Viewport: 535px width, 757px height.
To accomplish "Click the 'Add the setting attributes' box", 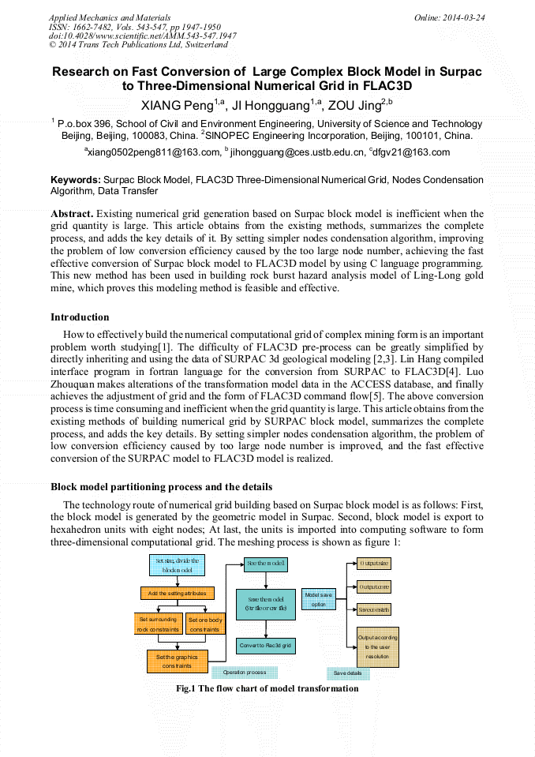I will pos(177,593).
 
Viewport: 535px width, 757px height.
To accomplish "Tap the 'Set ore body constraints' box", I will pos(204,624).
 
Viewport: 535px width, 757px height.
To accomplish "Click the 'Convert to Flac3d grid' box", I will pos(265,646).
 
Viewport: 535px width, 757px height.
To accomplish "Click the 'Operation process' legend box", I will pos(244,673).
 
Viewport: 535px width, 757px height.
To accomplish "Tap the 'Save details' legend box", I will pos(347,673).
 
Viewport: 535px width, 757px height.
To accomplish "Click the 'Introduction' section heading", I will pos(80,317).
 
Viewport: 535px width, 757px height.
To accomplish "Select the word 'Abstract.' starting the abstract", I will pos(73,214).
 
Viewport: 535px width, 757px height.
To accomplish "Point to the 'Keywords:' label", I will pos(76,180).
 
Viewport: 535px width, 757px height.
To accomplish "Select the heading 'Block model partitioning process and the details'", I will pos(162,486).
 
